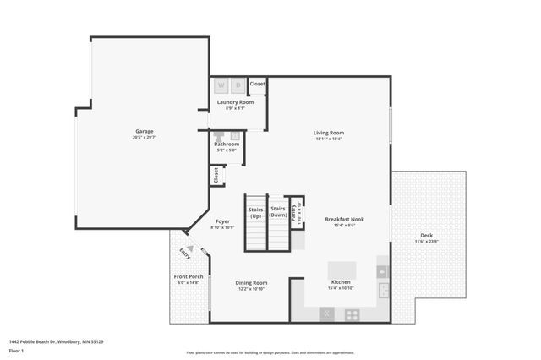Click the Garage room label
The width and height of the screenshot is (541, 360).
tap(145, 131)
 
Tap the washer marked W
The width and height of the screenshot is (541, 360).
tap(221, 85)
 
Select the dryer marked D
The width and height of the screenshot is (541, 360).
tap(238, 85)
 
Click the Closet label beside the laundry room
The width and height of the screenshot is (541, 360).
tap(257, 84)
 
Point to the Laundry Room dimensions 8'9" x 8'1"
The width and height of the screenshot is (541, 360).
tap(230, 108)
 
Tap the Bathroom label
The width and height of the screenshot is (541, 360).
tap(227, 144)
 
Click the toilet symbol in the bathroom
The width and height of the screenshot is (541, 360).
tap(218, 135)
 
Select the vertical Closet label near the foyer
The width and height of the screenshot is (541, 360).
tap(216, 175)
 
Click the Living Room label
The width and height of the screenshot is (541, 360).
tap(329, 132)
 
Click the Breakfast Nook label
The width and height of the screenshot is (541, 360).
tap(344, 219)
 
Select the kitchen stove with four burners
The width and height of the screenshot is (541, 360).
tap(352, 314)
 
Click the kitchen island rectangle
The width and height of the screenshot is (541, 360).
tap(342, 270)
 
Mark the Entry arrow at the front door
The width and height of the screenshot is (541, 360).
tap(190, 248)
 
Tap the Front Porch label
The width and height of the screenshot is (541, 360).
tap(189, 277)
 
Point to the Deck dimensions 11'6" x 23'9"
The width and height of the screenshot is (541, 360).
tap(426, 242)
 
